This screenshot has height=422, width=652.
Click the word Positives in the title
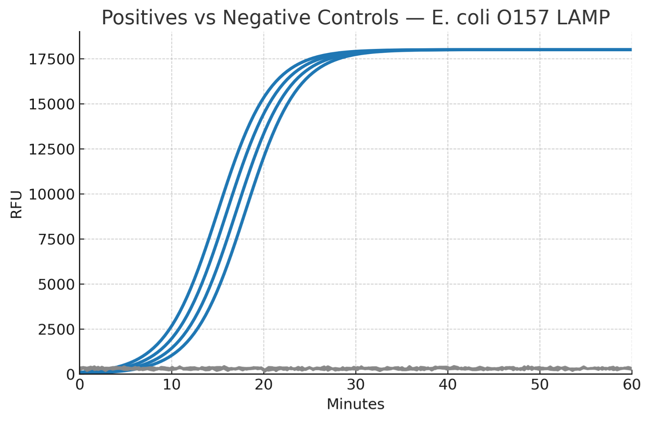click(144, 17)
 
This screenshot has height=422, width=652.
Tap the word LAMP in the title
click(583, 17)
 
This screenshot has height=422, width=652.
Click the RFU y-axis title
click(16, 204)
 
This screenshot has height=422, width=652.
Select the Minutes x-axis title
click(356, 405)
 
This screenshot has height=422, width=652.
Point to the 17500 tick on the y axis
click(52, 59)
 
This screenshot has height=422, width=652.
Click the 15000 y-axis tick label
click(52, 104)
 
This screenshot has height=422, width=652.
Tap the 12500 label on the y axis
click(52, 150)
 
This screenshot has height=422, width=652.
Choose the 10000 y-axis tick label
click(52, 194)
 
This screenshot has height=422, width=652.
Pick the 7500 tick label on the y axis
click(56, 239)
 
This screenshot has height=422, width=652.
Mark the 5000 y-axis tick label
click(56, 285)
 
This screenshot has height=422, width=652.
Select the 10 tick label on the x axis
click(172, 385)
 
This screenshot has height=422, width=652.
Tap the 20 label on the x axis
click(264, 385)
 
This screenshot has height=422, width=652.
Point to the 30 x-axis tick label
click(356, 385)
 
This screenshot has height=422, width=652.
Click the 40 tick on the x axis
click(448, 385)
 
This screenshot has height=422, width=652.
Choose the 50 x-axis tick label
click(540, 385)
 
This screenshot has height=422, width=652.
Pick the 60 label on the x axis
click(632, 385)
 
